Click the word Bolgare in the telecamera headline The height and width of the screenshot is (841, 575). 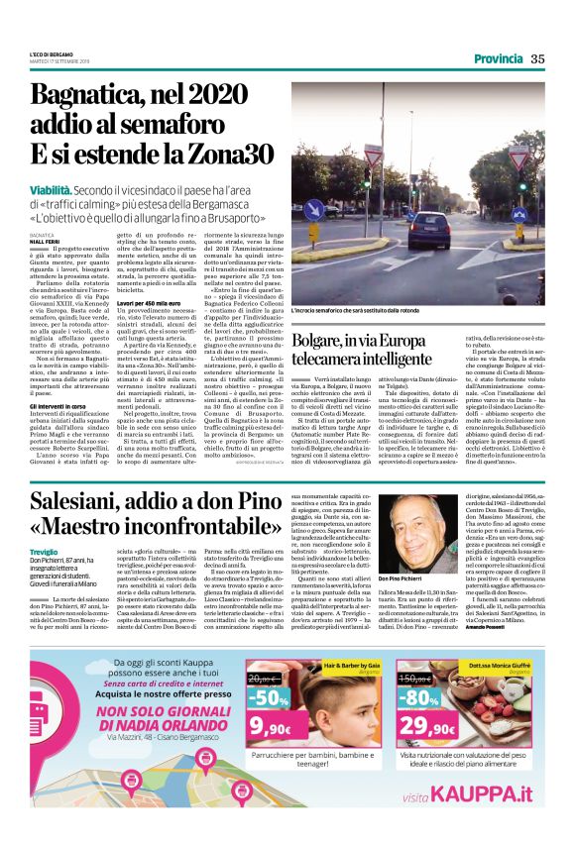tap(324, 341)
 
